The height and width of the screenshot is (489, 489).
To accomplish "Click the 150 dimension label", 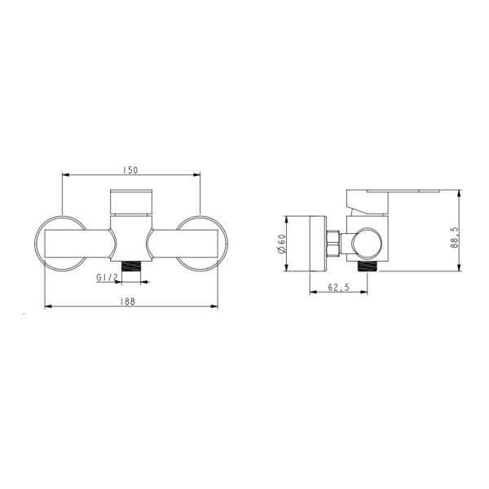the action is tap(130, 170).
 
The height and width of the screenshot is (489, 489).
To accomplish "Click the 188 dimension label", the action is tap(128, 302).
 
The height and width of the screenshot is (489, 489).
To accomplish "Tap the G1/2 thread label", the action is tap(107, 277).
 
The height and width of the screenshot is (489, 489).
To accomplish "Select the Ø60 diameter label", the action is tap(282, 244).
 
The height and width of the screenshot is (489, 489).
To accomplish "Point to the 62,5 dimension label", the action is tap(338, 287).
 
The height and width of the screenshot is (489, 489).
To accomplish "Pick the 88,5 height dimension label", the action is tap(455, 237).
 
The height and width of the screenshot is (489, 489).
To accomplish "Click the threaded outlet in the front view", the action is tap(131, 267).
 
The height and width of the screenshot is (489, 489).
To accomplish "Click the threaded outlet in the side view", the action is tap(368, 266).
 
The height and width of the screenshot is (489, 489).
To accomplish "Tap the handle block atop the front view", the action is tap(131, 202).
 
